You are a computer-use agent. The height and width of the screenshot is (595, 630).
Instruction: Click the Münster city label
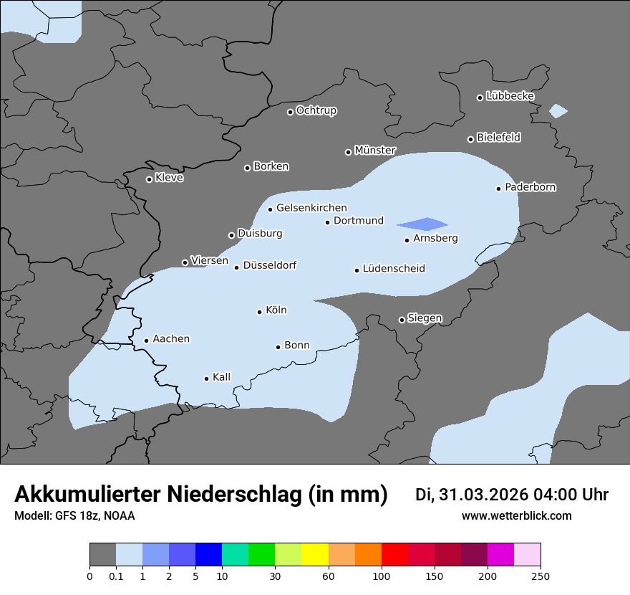pos(375,151)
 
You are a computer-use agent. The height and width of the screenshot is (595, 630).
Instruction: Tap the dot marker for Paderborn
pos(499,189)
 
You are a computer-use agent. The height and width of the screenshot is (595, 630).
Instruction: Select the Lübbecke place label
pos(510,96)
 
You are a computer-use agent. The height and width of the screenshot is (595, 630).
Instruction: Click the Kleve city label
pos(169,178)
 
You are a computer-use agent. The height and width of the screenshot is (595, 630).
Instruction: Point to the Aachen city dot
pos(146,341)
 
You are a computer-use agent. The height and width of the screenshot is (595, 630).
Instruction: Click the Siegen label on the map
pos(425,318)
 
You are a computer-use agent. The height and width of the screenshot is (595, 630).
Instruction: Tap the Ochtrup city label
pos(316,110)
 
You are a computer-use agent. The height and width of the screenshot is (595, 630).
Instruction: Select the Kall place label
pos(221,377)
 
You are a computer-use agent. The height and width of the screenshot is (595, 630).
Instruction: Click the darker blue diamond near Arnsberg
pos(424,224)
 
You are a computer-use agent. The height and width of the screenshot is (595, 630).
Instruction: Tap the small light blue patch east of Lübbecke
pos(558,111)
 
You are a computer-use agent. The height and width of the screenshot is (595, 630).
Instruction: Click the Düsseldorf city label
pos(269,265)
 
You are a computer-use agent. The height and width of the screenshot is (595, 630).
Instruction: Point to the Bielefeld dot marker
pos(471,139)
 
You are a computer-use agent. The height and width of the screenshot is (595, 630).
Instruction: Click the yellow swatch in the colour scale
pos(315,555)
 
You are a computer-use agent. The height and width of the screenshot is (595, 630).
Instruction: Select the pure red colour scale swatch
pos(394,555)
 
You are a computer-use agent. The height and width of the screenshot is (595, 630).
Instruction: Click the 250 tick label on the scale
pos(541,576)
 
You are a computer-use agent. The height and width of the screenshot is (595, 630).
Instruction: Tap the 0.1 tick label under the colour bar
pos(116,576)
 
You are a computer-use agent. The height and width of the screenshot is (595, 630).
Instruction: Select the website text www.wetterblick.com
pos(516,516)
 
